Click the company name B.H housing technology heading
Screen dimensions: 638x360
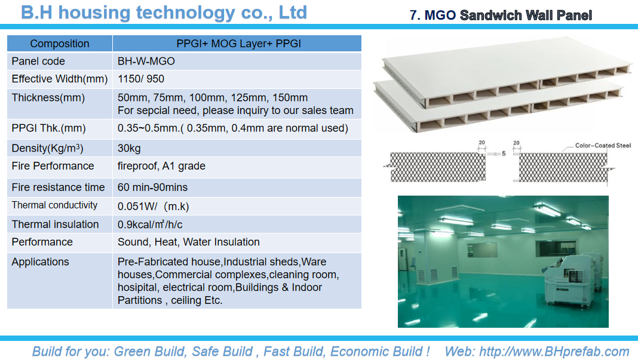click(164, 13)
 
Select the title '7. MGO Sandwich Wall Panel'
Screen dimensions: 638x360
click(501, 16)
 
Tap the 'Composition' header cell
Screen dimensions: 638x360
click(60, 44)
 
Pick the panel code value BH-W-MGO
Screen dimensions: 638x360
click(146, 61)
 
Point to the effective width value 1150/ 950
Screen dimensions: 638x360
click(141, 79)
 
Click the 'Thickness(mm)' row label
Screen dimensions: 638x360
click(48, 98)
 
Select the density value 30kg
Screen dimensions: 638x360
click(129, 148)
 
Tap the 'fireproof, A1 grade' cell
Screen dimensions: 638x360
click(161, 166)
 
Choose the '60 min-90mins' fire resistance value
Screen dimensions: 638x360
click(152, 187)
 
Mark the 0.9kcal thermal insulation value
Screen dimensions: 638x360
click(150, 224)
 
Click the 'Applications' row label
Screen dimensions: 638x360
click(40, 262)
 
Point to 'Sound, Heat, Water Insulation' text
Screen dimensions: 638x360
click(188, 242)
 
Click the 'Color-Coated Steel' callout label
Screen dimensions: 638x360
click(603, 145)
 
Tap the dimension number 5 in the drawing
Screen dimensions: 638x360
click(504, 153)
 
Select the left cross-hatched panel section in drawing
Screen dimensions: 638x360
click(438, 167)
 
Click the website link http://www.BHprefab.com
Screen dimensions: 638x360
click(554, 352)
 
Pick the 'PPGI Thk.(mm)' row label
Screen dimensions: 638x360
click(48, 128)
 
